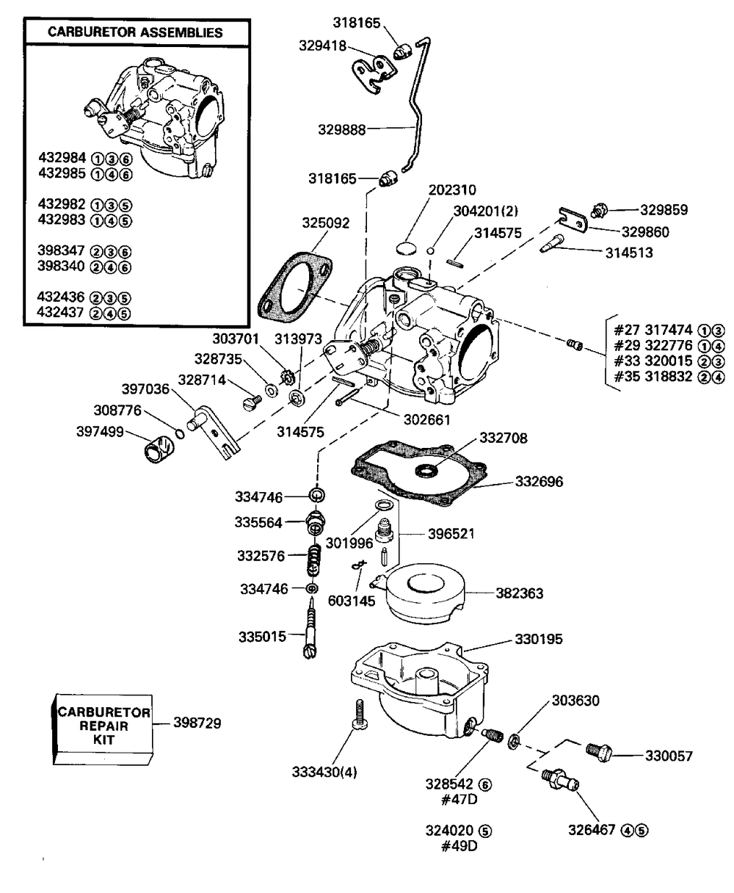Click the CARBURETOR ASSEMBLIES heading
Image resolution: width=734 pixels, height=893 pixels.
click(x=135, y=32)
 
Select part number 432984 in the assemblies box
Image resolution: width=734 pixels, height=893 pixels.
click(x=62, y=157)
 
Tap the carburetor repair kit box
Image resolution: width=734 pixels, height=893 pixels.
click(x=103, y=726)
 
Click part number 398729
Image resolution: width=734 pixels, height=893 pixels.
click(x=197, y=723)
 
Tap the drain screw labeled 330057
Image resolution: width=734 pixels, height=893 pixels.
click(x=599, y=753)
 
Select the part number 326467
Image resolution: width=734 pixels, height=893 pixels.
click(x=594, y=831)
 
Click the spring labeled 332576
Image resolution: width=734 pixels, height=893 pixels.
click(x=313, y=560)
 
